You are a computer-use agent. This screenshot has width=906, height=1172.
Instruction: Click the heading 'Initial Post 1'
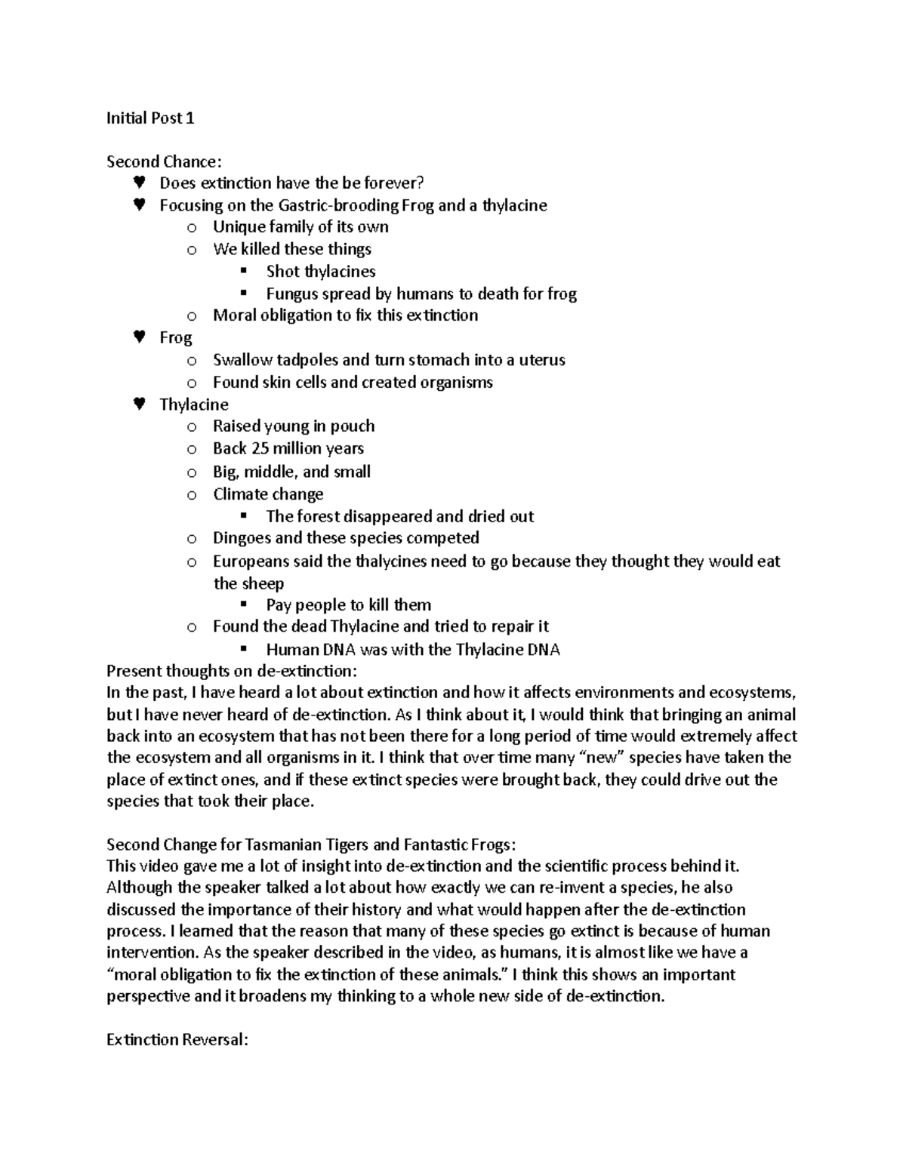pyautogui.click(x=150, y=118)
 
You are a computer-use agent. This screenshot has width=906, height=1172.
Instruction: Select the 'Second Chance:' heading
pyautogui.click(x=165, y=161)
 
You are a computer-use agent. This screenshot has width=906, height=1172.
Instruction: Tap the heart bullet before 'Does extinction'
pyautogui.click(x=138, y=183)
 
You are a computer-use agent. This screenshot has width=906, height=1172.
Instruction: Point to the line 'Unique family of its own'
pyautogui.click(x=300, y=227)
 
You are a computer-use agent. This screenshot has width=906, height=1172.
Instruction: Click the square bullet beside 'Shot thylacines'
pyautogui.click(x=242, y=271)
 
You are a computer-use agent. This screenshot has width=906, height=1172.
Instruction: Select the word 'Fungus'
pyautogui.click(x=291, y=294)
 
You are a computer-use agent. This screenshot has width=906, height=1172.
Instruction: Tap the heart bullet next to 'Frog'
pyautogui.click(x=138, y=337)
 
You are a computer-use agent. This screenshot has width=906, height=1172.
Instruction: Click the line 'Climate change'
pyautogui.click(x=268, y=494)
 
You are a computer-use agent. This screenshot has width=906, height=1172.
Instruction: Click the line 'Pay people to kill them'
pyautogui.click(x=349, y=605)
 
